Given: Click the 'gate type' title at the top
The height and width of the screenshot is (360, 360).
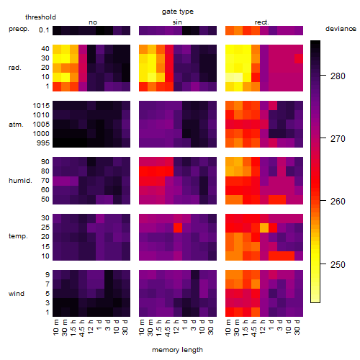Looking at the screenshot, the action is click(x=178, y=12).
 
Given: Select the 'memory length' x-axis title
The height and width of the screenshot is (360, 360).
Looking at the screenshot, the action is click(x=177, y=350).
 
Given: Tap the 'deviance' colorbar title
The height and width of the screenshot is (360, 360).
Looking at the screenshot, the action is click(x=341, y=29).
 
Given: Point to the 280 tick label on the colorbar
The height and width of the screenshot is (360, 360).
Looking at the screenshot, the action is click(x=338, y=76).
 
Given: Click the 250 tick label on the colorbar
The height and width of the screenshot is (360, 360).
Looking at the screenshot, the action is click(x=338, y=264).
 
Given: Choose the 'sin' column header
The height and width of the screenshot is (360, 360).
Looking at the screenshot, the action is click(x=177, y=22).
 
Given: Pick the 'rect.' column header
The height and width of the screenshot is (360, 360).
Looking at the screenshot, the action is click(x=262, y=22).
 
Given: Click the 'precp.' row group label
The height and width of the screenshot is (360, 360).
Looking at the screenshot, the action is click(x=19, y=29).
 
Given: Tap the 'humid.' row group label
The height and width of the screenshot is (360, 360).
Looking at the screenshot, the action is click(x=20, y=181).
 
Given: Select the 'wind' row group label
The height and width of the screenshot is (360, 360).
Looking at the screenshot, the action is click(x=17, y=294).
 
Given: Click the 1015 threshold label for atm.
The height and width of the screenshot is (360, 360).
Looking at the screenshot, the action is click(x=41, y=106).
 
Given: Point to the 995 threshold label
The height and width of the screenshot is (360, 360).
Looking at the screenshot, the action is click(x=43, y=143).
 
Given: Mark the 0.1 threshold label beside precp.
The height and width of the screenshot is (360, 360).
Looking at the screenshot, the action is click(x=44, y=30).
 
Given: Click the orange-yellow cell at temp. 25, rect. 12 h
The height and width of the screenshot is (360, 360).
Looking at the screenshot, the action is click(x=264, y=228).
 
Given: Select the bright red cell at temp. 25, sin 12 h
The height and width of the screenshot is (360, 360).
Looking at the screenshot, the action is click(x=178, y=228).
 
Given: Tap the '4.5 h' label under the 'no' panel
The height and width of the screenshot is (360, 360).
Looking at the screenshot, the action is click(x=81, y=328).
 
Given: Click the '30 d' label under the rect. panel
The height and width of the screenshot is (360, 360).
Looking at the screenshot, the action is click(x=297, y=328).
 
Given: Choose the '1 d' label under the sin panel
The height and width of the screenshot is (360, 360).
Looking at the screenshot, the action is click(x=184, y=325).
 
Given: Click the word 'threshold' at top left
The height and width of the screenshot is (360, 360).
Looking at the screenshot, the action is click(x=40, y=17).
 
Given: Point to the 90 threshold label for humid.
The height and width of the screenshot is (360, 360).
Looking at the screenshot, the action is click(x=45, y=162).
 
